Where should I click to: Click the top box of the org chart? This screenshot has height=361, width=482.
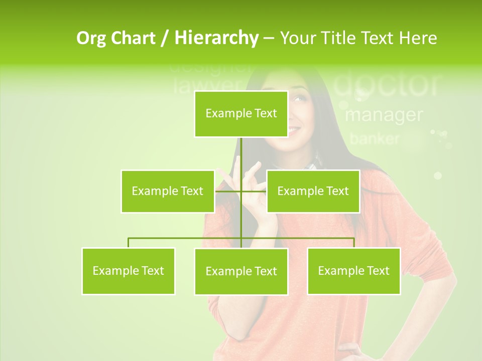241,114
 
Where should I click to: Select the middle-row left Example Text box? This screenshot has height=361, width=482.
167,191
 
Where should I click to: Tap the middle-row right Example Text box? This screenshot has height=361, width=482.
313,191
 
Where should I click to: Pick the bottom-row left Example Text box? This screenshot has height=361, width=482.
128,271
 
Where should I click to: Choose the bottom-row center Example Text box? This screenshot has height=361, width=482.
241,271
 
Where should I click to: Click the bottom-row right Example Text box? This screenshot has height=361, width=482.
353,271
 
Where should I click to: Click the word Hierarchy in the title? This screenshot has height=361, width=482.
216,38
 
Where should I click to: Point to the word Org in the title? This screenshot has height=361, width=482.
91,38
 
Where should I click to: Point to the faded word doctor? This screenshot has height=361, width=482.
387,84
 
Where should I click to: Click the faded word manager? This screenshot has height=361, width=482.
384,115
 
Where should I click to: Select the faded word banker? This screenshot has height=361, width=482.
375,138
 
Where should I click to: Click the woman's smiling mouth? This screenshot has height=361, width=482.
294,130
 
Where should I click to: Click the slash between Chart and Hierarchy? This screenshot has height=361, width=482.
164,38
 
